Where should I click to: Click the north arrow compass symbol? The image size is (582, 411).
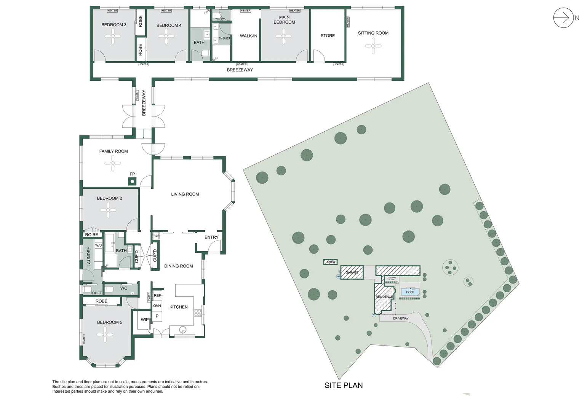[563, 18]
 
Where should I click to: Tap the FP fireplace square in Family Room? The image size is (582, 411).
[132, 182]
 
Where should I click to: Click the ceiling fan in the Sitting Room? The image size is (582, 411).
[373, 46]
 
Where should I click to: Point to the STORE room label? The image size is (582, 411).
[328, 36]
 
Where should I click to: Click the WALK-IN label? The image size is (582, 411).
[248, 36]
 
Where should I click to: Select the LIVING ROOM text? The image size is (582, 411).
[185, 194]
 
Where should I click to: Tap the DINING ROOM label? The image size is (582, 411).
[178, 266]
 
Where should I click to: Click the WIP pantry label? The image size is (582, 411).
[145, 320]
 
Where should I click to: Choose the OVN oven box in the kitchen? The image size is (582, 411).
[157, 306]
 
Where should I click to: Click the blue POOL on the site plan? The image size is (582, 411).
[410, 292]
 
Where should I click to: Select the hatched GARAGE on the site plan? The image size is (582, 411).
[352, 272]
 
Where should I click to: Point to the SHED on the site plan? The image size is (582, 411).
[331, 262]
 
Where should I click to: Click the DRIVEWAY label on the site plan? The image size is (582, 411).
[401, 319]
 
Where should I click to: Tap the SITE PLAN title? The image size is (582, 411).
[344, 386]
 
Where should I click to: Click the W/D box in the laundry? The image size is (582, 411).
[98, 245]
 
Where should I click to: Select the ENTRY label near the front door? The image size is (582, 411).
[211, 237]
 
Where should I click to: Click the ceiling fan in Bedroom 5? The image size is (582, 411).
[105, 335]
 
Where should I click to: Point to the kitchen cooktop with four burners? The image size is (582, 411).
[198, 313]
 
